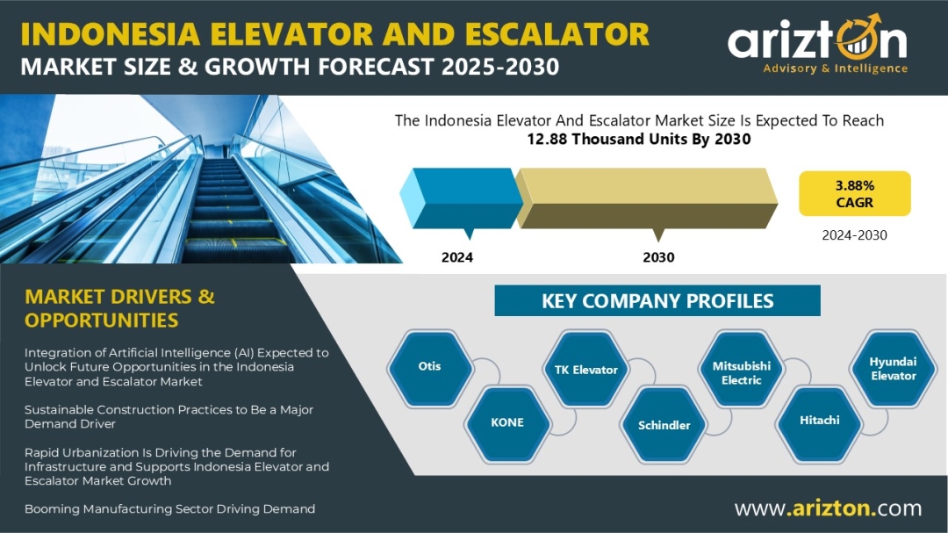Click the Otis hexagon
pos(430,367)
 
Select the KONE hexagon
pos(507,423)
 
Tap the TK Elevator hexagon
pos(585,369)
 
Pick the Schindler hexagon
pos(664,425)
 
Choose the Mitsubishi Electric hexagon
pos(741,369)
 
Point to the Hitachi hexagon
pos(819,421)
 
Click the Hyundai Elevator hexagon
pos(893,368)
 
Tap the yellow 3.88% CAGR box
pos(854,193)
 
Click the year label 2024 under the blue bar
pos(457,257)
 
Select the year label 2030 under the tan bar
pos(658,257)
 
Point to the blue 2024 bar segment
pos(462,198)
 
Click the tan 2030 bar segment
pos(646,198)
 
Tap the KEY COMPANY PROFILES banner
pos(657,300)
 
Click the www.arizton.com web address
pos(829,508)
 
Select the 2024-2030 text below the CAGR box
pos(854,235)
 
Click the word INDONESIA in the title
pos(111,34)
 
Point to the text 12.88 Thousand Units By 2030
pos(638,139)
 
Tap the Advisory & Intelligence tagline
pos(835,68)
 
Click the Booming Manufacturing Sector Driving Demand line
pos(170,508)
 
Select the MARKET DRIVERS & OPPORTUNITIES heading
pos(119,308)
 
